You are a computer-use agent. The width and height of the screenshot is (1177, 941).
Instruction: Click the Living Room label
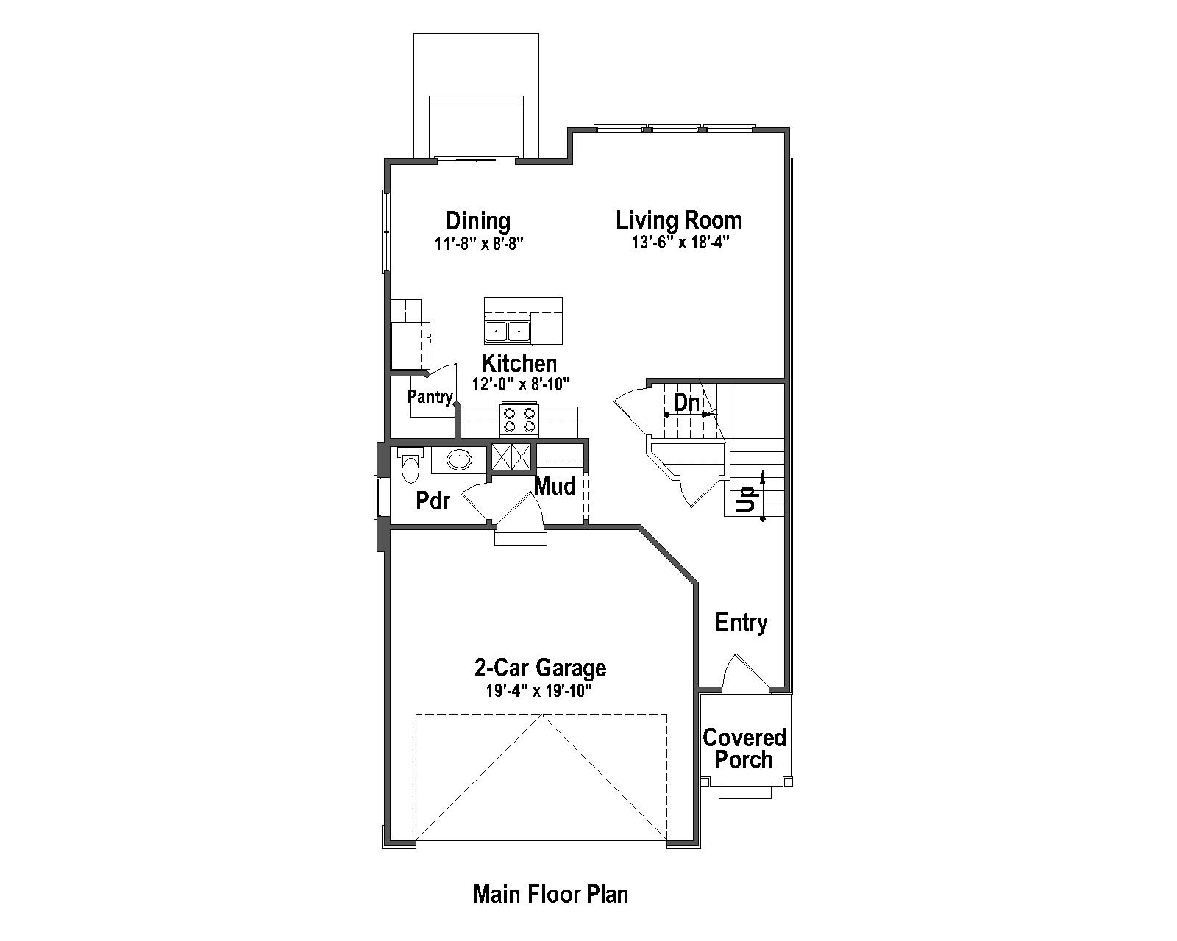(678, 221)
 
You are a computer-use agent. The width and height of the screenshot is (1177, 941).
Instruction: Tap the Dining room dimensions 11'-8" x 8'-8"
(478, 243)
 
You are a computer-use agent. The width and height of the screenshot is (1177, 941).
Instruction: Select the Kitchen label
(519, 364)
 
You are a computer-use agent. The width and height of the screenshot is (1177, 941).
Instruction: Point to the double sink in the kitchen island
(508, 332)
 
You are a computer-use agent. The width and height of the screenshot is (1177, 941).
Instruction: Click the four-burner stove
(519, 420)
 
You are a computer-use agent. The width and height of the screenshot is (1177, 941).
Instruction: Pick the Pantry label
(430, 398)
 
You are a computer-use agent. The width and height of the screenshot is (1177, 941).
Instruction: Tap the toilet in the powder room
(409, 465)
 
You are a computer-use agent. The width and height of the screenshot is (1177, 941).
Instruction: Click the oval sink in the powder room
(460, 460)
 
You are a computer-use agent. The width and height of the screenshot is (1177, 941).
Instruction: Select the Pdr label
(433, 501)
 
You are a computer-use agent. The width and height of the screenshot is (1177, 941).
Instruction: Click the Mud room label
(555, 486)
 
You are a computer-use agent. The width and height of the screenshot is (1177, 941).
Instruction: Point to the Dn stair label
(686, 403)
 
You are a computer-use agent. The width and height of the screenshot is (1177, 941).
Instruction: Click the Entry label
(742, 623)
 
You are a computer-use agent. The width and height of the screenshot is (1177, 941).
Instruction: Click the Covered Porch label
(744, 748)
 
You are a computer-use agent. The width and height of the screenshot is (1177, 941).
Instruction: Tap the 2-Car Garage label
(540, 668)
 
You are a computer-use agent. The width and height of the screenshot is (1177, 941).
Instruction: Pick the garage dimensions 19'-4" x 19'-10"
(538, 691)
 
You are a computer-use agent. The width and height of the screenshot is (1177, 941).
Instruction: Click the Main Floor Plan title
(550, 895)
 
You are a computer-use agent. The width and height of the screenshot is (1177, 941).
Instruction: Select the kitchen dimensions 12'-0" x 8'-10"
(521, 384)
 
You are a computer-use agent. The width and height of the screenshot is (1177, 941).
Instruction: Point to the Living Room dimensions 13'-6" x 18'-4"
(679, 243)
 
